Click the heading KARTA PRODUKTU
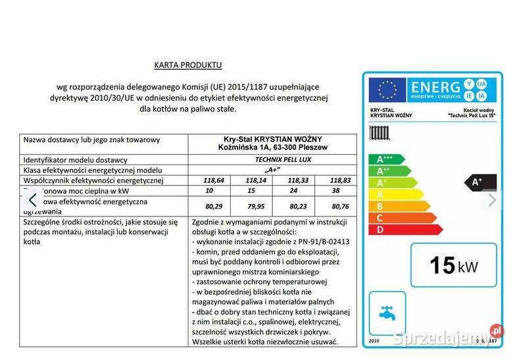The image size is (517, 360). point(187,64)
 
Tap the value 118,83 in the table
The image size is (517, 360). point(334,180)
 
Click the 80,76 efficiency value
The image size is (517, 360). point(334,205)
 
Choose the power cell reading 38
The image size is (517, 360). point(334,190)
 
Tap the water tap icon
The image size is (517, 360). point(386,310)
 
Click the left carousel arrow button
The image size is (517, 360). point(33,199)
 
